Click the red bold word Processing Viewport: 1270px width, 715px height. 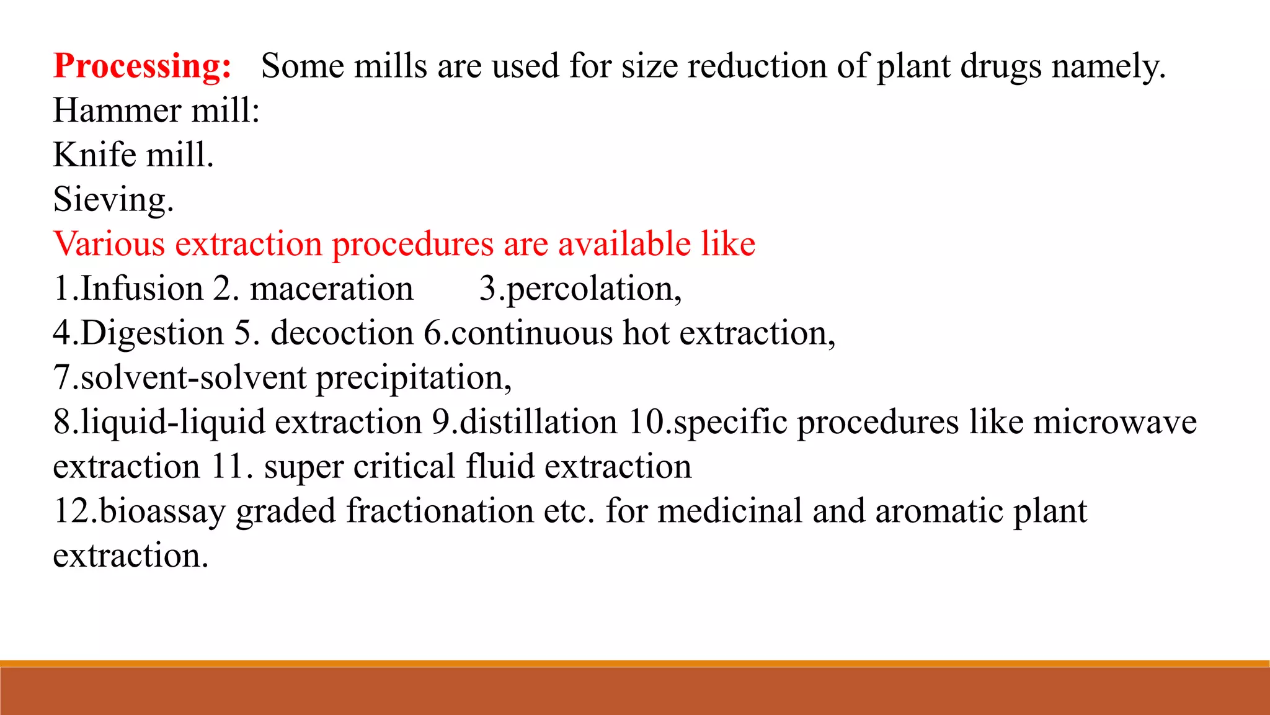click(142, 66)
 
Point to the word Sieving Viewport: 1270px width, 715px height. click(113, 200)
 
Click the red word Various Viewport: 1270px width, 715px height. click(109, 243)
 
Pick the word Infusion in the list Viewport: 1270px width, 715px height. click(142, 289)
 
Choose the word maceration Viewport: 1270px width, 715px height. click(331, 289)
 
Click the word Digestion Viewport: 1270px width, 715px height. click(151, 333)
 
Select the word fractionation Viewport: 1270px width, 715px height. click(440, 511)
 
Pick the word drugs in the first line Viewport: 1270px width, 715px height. click(1001, 66)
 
